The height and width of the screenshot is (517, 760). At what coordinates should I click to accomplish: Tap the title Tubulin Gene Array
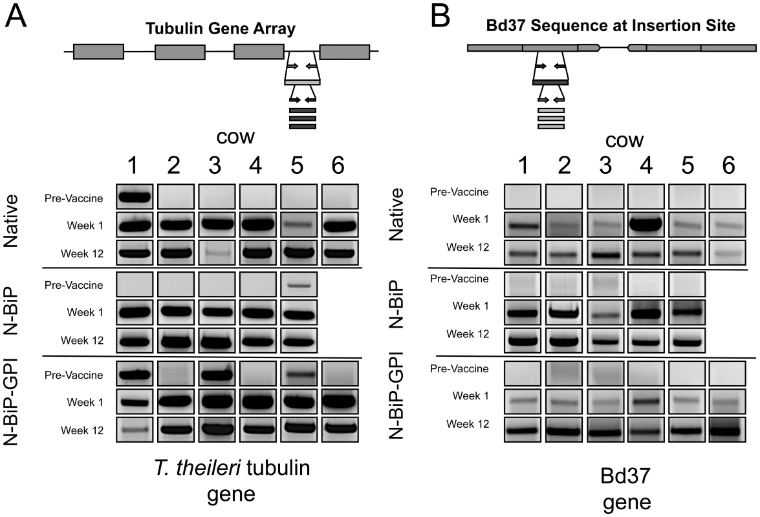point(221,28)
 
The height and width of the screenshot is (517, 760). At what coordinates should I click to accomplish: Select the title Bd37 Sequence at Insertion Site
point(611,25)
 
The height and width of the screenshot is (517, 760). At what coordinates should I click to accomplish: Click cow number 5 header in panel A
point(297,165)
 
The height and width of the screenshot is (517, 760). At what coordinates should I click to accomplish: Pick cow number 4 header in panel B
point(646,165)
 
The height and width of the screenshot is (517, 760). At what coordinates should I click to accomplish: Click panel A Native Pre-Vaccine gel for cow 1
point(135,196)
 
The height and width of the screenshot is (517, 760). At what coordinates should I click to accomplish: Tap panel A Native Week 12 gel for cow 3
point(217,253)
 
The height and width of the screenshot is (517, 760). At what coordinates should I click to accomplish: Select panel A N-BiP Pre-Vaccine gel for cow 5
point(299,284)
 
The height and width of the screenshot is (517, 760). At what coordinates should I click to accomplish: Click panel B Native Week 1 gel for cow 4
point(646,224)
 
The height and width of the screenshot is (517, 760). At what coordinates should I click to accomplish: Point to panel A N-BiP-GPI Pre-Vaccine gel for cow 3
point(217,374)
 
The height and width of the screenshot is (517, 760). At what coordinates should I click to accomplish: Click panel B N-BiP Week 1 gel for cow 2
point(564,311)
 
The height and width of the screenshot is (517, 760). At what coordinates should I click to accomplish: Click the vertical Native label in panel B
point(397,215)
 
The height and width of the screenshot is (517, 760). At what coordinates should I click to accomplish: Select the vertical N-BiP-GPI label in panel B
point(397,398)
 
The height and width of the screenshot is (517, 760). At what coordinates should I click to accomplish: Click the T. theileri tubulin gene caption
point(232,481)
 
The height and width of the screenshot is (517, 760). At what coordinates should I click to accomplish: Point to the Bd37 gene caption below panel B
point(625,489)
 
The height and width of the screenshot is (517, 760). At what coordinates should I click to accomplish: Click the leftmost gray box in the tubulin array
point(98,52)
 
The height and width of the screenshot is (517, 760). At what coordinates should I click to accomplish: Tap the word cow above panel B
point(624,141)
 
